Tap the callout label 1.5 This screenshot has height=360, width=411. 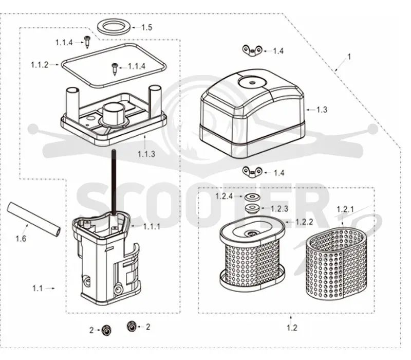[147, 27]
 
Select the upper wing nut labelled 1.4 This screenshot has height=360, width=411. [252, 50]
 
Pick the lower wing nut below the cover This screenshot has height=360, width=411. [252, 172]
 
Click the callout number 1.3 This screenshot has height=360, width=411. [322, 110]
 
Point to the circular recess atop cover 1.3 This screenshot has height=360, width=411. [252, 82]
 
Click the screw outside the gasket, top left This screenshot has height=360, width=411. [87, 42]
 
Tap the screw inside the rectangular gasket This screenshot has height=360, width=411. [115, 69]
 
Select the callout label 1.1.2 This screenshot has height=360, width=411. [40, 65]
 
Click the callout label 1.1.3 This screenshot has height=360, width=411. [146, 154]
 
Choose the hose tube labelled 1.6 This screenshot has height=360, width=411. [34, 220]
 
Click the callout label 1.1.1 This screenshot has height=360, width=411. [152, 226]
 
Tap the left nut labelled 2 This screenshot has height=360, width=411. [106, 330]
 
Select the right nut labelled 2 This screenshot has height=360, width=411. [132, 327]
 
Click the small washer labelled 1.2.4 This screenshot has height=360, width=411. [252, 196]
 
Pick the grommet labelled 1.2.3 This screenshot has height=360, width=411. [252, 209]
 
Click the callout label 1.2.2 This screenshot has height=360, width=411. [304, 222]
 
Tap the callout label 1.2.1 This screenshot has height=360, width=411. [345, 209]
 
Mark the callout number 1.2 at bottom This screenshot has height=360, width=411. [292, 328]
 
